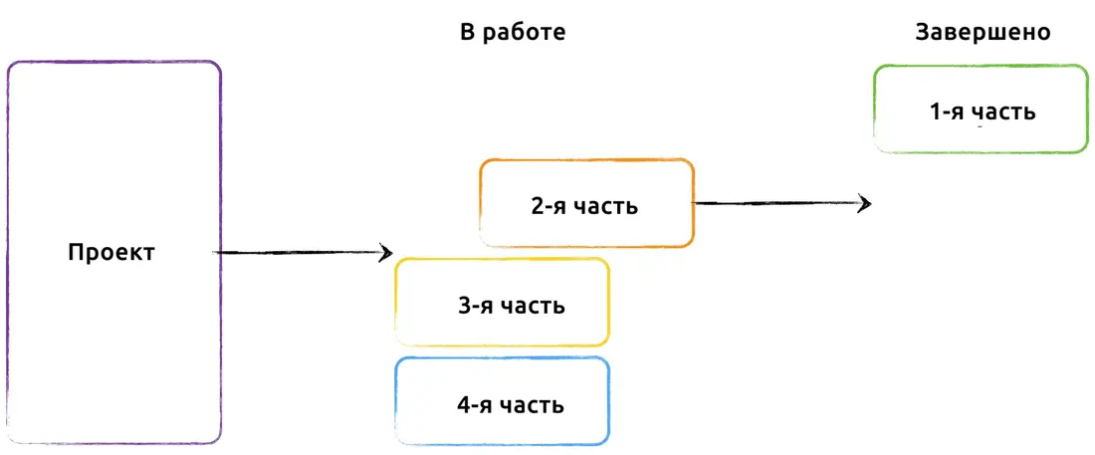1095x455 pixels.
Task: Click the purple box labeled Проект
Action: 7,252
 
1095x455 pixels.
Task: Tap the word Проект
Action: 111,252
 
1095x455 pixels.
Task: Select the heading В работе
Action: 513,32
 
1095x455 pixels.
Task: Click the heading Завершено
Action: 984,33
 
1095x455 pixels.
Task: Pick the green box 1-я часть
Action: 874,110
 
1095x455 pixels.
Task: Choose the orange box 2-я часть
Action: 481,203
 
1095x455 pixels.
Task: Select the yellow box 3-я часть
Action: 396,303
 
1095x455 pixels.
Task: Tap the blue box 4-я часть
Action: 396,401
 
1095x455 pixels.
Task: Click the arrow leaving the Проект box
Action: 303,252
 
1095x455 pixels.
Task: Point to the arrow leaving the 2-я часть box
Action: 781,203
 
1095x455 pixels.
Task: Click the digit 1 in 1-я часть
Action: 936,112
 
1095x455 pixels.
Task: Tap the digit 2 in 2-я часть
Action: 538,207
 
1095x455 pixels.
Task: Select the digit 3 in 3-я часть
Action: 464,306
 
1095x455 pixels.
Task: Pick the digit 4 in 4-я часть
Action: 464,405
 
